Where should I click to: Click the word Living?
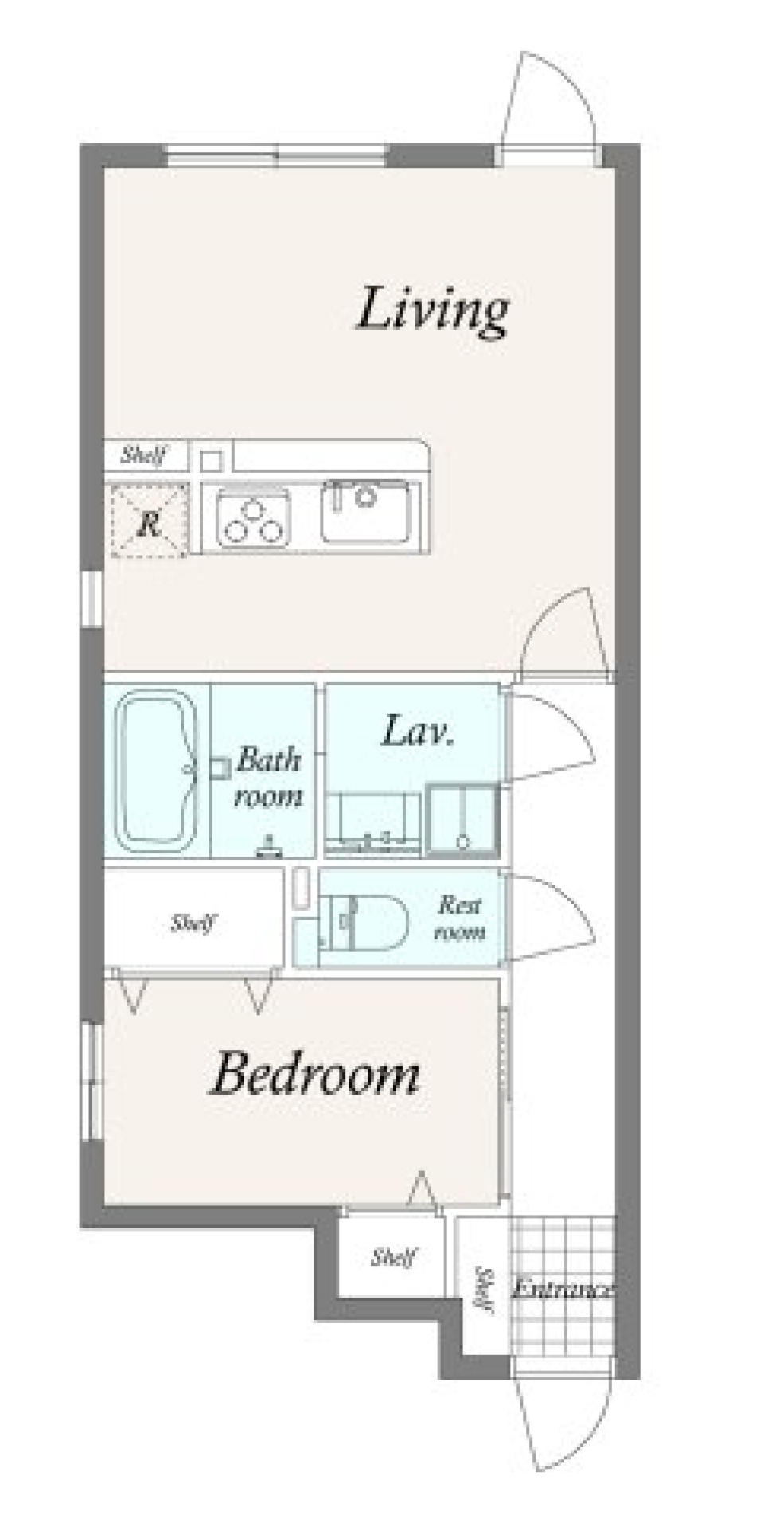coord(432,310)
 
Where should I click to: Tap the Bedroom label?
coord(315,1074)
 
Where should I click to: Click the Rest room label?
coord(460,918)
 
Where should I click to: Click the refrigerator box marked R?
coord(148,521)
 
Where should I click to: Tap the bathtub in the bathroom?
coord(157,771)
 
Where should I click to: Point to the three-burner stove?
coord(253,521)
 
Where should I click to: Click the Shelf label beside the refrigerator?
coord(144,456)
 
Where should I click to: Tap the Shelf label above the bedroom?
coord(193,923)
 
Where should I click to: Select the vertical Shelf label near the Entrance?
coord(482,1288)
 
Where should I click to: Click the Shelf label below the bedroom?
coord(394,1257)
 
